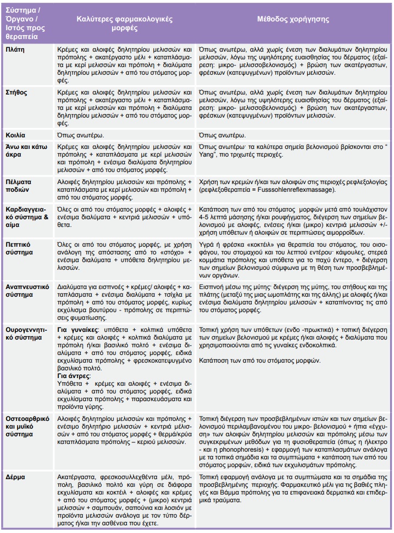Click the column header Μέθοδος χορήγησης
click(x=293, y=19)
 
